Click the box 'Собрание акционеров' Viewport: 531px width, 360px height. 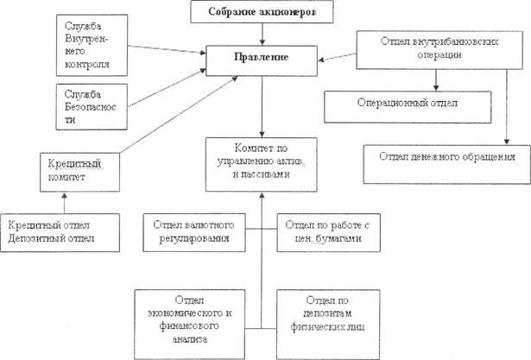coord(260,13)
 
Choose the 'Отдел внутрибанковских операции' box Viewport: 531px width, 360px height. coord(437,49)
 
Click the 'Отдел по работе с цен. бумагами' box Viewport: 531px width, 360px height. coord(321,231)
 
